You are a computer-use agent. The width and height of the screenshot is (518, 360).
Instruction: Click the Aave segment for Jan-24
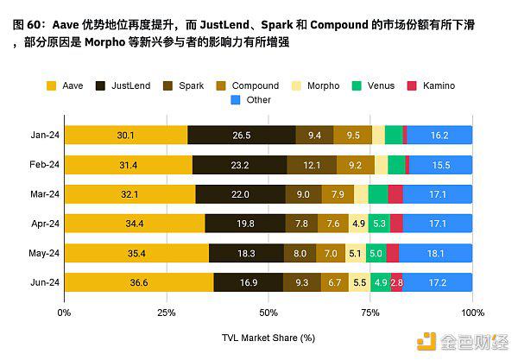pos(125,135)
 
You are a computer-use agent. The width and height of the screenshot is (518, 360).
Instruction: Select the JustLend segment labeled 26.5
pos(241,135)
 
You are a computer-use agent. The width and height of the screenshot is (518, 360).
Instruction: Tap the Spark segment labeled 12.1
pos(313,165)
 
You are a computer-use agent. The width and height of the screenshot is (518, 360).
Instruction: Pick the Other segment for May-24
pos(435,253)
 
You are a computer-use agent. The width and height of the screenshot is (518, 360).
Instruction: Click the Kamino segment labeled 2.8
pos(396,282)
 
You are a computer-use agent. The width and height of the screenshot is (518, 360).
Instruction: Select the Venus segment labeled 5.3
pos(380,224)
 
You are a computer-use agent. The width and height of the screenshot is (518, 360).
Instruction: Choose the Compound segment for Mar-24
pos(337,194)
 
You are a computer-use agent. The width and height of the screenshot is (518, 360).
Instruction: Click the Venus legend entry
pos(376,85)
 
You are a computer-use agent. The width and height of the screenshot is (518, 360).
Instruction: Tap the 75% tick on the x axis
pos(370,311)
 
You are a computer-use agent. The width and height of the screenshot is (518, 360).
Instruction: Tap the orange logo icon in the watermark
pos(426,342)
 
